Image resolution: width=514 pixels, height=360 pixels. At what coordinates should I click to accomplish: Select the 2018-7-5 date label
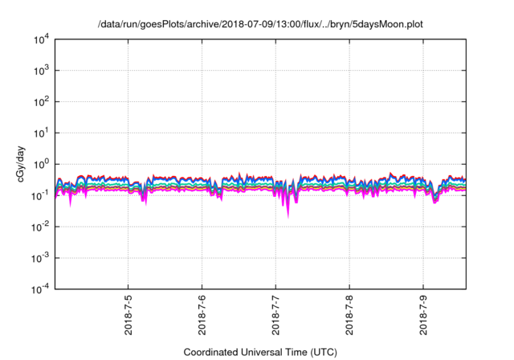click(128, 316)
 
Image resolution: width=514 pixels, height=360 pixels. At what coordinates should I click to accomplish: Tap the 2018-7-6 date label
click(202, 316)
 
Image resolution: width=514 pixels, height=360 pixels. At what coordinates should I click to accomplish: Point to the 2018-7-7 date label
click(275, 316)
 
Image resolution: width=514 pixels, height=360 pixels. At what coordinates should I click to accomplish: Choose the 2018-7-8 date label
click(349, 316)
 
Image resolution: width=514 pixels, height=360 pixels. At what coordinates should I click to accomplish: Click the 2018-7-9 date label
click(423, 316)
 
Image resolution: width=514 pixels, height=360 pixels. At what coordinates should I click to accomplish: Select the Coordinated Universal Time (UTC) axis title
click(259, 352)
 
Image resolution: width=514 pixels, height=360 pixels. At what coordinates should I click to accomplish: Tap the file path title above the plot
click(259, 25)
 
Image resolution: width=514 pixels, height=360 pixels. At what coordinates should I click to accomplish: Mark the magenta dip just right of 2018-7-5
click(145, 200)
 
